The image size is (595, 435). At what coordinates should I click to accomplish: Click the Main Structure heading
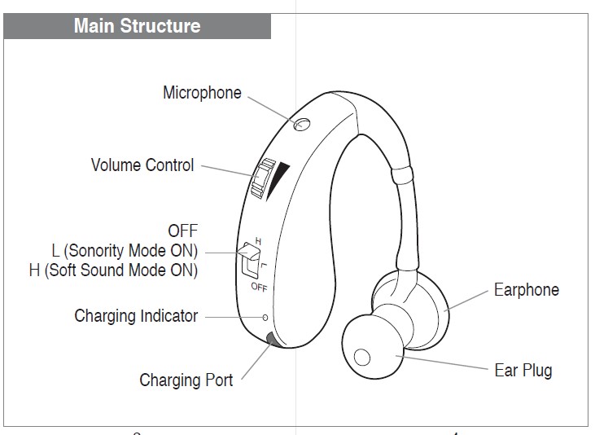(x=137, y=25)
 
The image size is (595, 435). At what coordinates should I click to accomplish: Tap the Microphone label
(x=202, y=93)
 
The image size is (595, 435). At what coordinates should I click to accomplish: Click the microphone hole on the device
(x=302, y=124)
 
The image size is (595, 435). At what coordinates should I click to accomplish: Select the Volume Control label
(x=142, y=165)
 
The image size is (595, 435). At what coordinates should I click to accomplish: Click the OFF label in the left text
(x=182, y=231)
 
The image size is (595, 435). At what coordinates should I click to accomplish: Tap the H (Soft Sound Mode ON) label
(x=113, y=270)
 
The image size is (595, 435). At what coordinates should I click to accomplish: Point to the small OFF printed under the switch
(x=259, y=288)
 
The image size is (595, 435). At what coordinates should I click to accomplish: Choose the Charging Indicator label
(x=136, y=315)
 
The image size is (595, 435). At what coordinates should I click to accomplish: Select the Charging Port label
(x=186, y=380)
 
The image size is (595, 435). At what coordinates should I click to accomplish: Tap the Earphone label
(x=527, y=290)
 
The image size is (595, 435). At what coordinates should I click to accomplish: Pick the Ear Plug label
(x=523, y=371)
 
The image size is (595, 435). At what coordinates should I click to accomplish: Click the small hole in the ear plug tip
(x=362, y=356)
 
